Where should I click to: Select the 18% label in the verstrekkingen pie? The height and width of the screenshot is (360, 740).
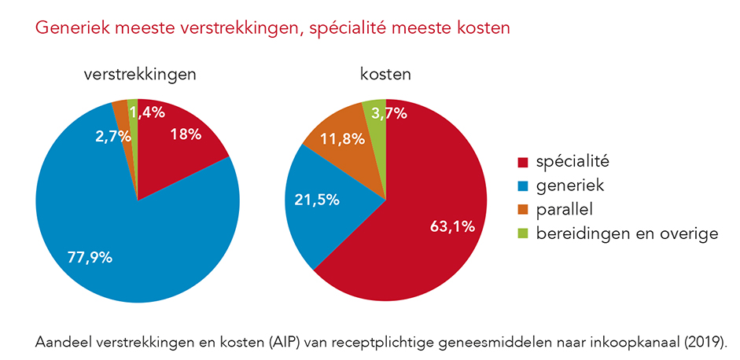tap(186, 134)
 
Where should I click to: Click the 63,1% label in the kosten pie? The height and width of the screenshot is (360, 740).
tap(452, 226)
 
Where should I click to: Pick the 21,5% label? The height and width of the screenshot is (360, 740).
tap(317, 200)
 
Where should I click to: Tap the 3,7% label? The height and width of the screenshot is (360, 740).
tap(389, 113)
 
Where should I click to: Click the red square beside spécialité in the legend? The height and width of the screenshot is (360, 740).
tap(522, 163)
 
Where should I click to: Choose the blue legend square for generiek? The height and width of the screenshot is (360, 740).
tap(522, 187)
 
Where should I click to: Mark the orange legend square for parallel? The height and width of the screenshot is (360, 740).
tap(522, 211)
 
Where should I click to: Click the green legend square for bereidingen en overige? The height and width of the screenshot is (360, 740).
tap(522, 234)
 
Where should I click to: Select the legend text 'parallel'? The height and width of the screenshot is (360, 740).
tap(563, 210)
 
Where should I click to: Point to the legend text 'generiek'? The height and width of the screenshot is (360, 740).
tap(566, 186)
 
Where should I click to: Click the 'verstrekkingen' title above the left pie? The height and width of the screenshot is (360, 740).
tap(139, 75)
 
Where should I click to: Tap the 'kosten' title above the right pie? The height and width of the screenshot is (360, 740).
tap(385, 75)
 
